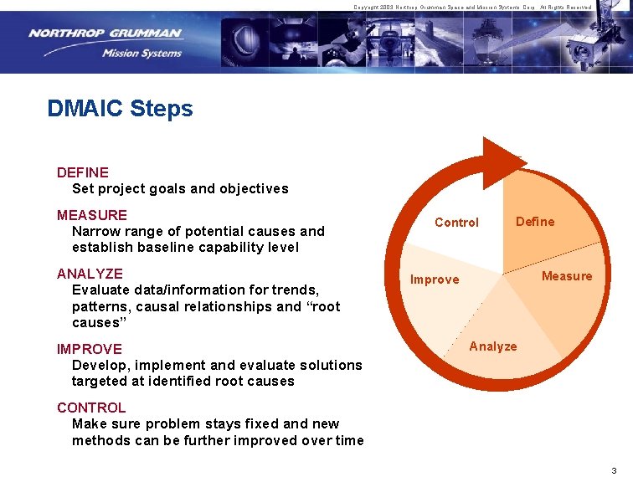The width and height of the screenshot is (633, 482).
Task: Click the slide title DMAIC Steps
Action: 120,109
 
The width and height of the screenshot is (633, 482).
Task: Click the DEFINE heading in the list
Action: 82,172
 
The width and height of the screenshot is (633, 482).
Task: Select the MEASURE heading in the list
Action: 91,215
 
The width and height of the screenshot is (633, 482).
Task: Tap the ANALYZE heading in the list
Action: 90,274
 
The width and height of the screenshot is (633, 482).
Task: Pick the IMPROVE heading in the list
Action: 89,349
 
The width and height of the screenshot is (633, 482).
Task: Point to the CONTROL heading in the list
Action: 90,408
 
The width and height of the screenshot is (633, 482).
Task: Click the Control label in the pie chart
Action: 456,223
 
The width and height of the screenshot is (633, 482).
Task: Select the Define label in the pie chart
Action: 534,222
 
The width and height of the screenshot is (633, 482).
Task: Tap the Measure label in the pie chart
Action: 566,276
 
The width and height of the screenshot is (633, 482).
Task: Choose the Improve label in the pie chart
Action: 434,279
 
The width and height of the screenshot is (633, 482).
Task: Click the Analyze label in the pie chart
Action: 492,346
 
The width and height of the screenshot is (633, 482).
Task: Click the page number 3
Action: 614,470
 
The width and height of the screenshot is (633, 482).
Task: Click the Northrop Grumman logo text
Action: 104,33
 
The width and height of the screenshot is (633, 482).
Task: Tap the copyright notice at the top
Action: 472,7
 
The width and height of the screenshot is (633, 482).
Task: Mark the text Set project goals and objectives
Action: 179,189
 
